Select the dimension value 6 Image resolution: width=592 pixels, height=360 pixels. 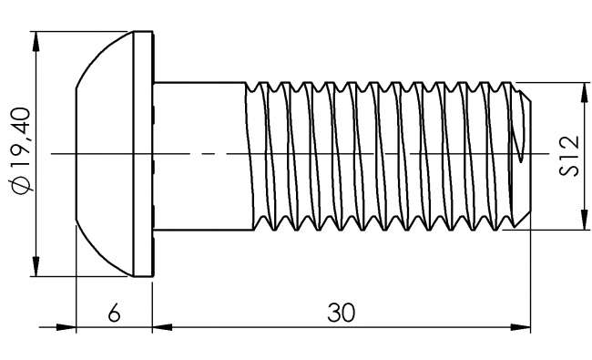[x=114, y=312]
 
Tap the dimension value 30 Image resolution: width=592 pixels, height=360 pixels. [x=341, y=312]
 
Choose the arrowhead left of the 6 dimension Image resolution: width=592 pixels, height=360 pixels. [x=65, y=325]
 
